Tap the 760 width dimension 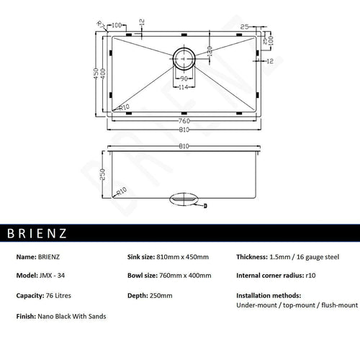tap(184, 120)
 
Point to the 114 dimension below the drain tap(184, 87)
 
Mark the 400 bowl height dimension tap(103, 74)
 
